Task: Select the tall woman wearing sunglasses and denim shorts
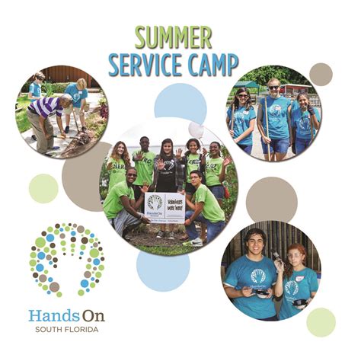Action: pyautogui.click(x=275, y=114)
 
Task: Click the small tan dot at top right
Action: pyautogui.click(x=321, y=74)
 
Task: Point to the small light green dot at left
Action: pyautogui.click(x=43, y=188)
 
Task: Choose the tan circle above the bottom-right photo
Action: pyautogui.click(x=271, y=200)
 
